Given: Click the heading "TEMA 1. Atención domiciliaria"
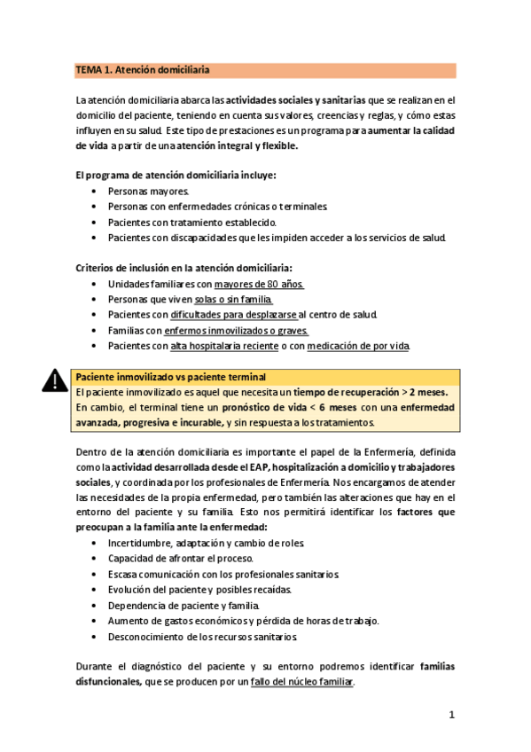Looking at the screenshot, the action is (142, 70).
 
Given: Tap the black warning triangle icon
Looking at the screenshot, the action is (55, 381).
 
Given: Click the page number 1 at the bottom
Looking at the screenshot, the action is (451, 715).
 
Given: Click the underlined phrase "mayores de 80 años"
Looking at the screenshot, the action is (259, 284).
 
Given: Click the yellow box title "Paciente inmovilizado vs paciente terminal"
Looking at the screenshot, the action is (171, 377).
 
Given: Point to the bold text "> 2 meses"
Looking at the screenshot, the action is (426, 392).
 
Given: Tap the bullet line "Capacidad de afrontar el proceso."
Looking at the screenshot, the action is (181, 558).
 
